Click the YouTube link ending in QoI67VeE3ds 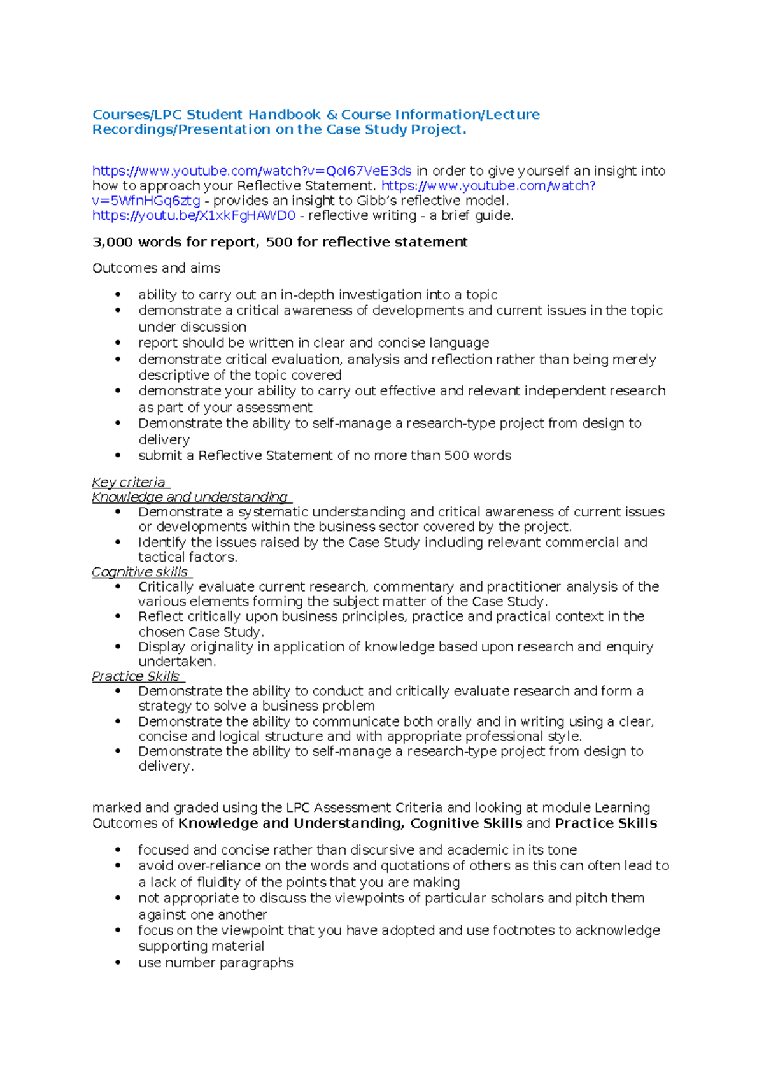coord(251,171)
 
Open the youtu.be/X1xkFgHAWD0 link coord(194,215)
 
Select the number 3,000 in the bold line coord(113,242)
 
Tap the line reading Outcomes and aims coord(156,268)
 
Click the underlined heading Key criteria coord(129,482)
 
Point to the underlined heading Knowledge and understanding coord(190,497)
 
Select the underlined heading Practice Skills coord(136,676)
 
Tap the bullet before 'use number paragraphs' coord(118,963)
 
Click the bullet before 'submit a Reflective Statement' coord(118,455)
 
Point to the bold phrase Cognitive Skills coord(466,823)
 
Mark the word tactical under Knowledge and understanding coord(161,557)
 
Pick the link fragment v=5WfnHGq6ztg coord(146,201)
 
